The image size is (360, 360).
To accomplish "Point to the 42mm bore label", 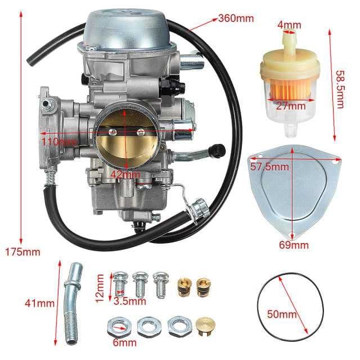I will pos(125,174).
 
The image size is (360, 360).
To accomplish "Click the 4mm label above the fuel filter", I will pos(290,25).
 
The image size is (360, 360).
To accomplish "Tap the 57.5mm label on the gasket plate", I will pos(269,167).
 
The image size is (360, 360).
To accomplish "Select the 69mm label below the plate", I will pos(294,245).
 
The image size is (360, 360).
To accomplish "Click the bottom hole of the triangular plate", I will pos(292,235).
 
